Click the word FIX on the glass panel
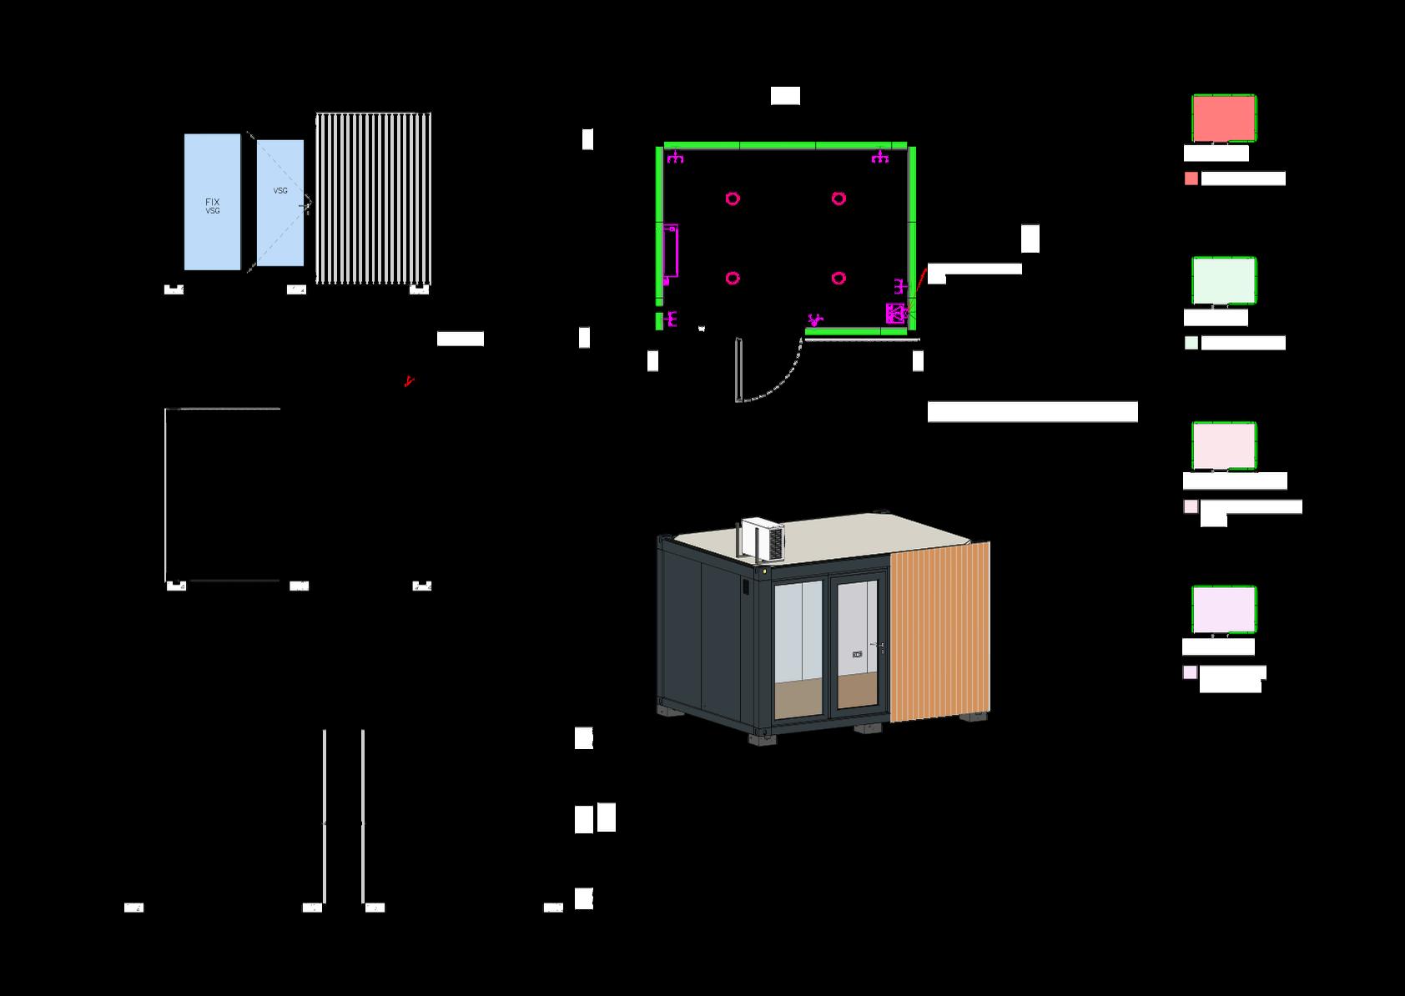click(x=213, y=202)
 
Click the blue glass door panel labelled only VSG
click(x=280, y=225)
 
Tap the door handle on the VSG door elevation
click(x=307, y=204)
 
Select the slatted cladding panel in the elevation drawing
click(x=373, y=198)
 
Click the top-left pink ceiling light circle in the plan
click(x=732, y=199)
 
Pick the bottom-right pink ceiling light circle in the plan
click(x=838, y=278)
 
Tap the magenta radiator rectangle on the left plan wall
click(x=670, y=249)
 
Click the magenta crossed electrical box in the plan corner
click(x=894, y=314)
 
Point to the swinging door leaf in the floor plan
click(x=738, y=370)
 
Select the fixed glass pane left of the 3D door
click(x=799, y=646)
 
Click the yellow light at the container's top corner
click(x=764, y=572)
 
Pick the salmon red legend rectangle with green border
click(x=1223, y=118)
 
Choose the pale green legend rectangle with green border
click(x=1223, y=281)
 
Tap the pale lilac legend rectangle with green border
click(x=1223, y=610)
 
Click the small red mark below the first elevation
click(x=408, y=382)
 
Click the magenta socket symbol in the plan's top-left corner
click(x=675, y=156)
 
